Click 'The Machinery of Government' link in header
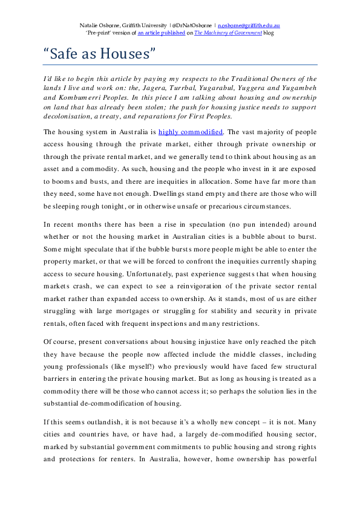coord(227,34)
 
